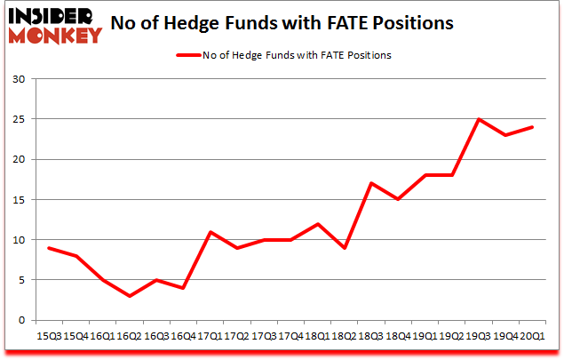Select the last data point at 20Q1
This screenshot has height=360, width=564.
(530, 127)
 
